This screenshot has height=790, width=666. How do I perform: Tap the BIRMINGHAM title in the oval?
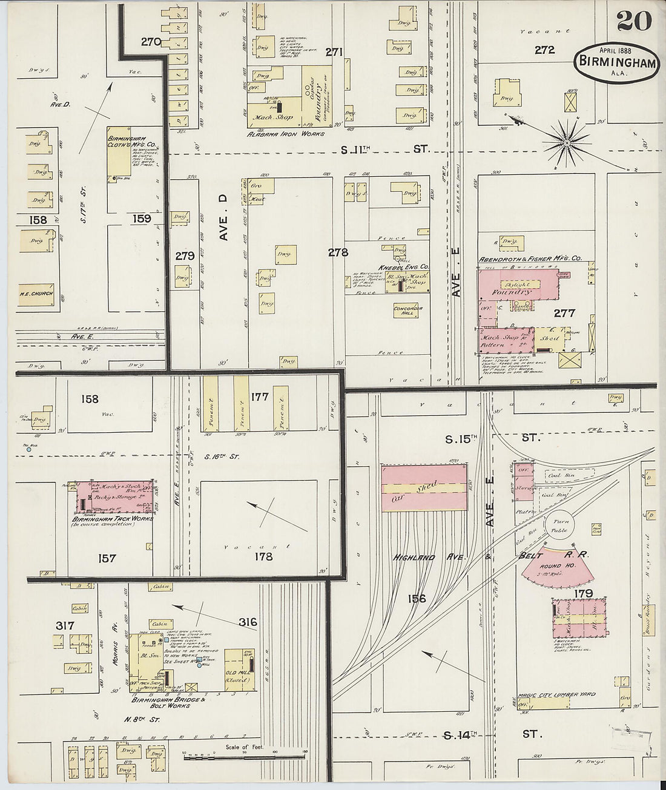(618, 62)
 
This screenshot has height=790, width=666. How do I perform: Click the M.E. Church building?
(38, 295)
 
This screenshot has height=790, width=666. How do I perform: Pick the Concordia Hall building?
(408, 311)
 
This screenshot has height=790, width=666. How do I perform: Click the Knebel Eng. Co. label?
(404, 266)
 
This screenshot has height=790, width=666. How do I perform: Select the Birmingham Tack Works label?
(113, 518)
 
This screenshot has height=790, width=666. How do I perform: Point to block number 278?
(338, 252)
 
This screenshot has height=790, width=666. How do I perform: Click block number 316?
(248, 622)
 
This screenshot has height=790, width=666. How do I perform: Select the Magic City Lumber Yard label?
(556, 694)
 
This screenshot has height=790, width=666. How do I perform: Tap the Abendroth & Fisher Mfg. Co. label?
(530, 258)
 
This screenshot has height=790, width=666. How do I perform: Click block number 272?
(544, 50)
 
